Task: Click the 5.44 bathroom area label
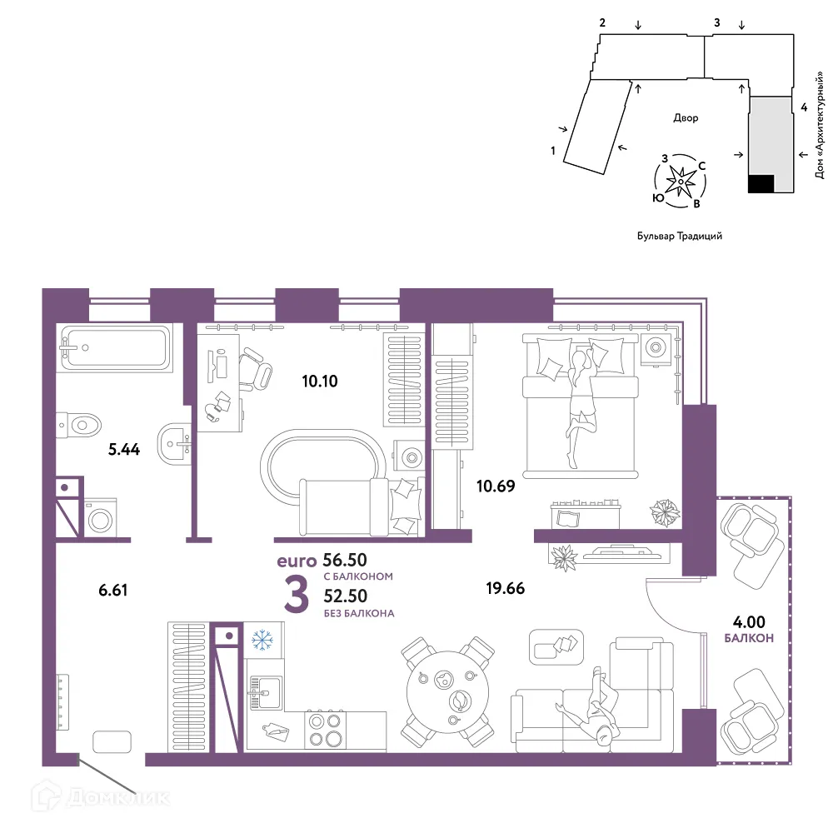click(x=124, y=450)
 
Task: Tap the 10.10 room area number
click(x=320, y=381)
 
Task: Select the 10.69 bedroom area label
click(x=496, y=486)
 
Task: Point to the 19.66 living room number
click(x=506, y=588)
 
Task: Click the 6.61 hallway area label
click(x=113, y=590)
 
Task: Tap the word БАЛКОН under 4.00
click(x=749, y=638)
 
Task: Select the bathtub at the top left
click(x=116, y=348)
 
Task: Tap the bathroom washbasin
click(x=174, y=445)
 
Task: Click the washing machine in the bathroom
click(x=101, y=518)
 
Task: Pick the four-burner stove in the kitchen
click(x=325, y=730)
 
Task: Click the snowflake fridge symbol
click(x=262, y=640)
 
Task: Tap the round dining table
click(x=447, y=691)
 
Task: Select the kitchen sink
click(x=265, y=693)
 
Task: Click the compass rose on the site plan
click(x=680, y=182)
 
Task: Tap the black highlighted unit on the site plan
click(x=761, y=184)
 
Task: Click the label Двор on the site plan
click(x=686, y=118)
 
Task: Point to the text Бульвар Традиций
click(x=680, y=236)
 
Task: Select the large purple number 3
click(x=296, y=595)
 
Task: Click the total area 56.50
click(x=345, y=560)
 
